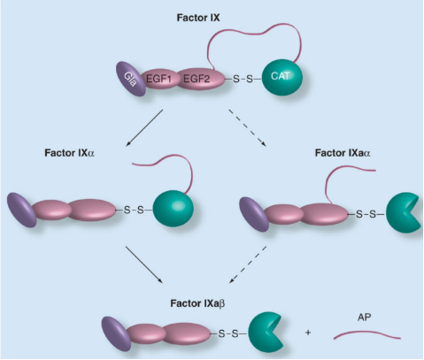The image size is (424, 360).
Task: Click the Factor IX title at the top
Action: tap(198, 18)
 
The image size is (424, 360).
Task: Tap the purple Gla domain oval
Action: tap(131, 79)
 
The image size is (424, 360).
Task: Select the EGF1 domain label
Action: tap(158, 79)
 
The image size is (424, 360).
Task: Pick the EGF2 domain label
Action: tap(197, 79)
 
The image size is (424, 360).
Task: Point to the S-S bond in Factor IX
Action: tap(243, 79)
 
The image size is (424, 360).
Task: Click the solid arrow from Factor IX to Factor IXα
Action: tap(144, 128)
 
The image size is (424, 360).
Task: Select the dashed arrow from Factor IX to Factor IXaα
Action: tap(247, 128)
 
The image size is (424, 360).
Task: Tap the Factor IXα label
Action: tap(70, 153)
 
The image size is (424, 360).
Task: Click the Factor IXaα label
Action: tap(343, 153)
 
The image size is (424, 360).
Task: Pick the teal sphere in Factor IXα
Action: tap(173, 209)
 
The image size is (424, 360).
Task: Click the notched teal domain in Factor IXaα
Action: tap(402, 213)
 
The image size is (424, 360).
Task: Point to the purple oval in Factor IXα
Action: tap(21, 210)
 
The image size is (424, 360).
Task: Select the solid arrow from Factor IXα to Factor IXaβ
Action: tap(144, 264)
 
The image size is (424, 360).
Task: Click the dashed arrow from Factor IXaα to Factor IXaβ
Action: tap(248, 264)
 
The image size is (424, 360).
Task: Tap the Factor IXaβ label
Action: tap(197, 303)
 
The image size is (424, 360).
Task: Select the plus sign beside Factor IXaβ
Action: tap(308, 333)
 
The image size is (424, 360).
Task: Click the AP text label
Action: tap(365, 318)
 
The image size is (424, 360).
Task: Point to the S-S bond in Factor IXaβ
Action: tap(228, 333)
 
